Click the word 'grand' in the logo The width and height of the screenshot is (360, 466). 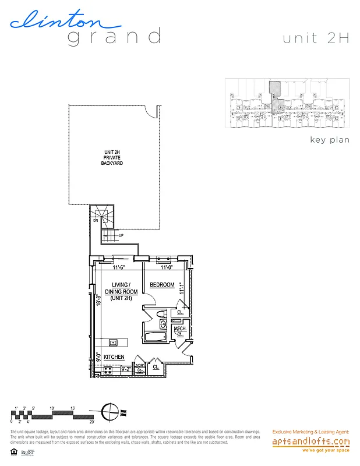(x=114, y=37)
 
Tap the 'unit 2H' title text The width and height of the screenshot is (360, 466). (x=315, y=38)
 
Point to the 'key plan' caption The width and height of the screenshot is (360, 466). (x=330, y=140)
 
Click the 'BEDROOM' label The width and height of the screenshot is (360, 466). (x=162, y=285)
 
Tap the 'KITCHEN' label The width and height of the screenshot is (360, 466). (x=114, y=356)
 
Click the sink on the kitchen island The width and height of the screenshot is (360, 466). (x=114, y=342)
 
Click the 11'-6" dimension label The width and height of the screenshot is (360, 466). (x=120, y=268)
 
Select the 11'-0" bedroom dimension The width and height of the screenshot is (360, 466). (x=167, y=268)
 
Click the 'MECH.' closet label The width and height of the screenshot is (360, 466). (x=179, y=329)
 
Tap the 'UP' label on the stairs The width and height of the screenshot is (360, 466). (x=121, y=235)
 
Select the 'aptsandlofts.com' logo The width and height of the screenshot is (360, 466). (x=311, y=442)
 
